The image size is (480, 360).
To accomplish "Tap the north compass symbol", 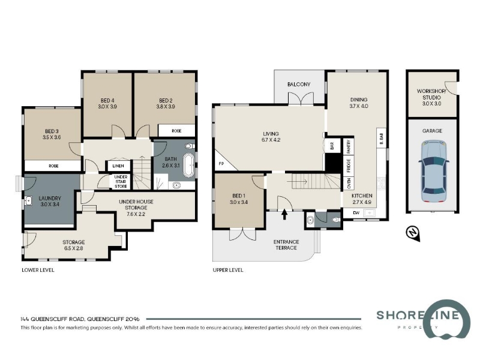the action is [x=412, y=233].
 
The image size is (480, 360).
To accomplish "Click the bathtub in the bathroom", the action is [x=188, y=166].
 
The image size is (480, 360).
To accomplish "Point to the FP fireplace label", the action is [x=221, y=164].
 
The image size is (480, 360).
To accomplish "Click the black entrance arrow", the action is [x=284, y=214].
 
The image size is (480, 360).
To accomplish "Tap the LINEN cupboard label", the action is [x=118, y=166].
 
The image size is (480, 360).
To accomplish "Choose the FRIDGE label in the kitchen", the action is [x=349, y=166].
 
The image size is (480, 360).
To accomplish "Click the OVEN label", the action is [x=349, y=183].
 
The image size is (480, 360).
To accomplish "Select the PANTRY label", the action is [x=349, y=146].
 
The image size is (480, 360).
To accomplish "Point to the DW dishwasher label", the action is [x=356, y=213].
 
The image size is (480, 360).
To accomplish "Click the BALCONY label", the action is [x=299, y=84].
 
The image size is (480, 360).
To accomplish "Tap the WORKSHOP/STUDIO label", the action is [x=431, y=94].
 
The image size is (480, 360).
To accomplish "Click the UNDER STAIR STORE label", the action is [x=121, y=182].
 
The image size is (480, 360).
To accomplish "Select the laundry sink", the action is [x=28, y=200].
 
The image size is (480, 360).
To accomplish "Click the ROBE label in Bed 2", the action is [x=176, y=131].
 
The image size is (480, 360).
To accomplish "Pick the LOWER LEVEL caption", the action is [x=38, y=270].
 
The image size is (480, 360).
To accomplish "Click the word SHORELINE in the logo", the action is [x=418, y=315].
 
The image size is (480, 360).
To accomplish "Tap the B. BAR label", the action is [x=382, y=139].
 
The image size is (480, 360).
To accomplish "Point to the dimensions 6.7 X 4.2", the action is [x=271, y=140].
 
